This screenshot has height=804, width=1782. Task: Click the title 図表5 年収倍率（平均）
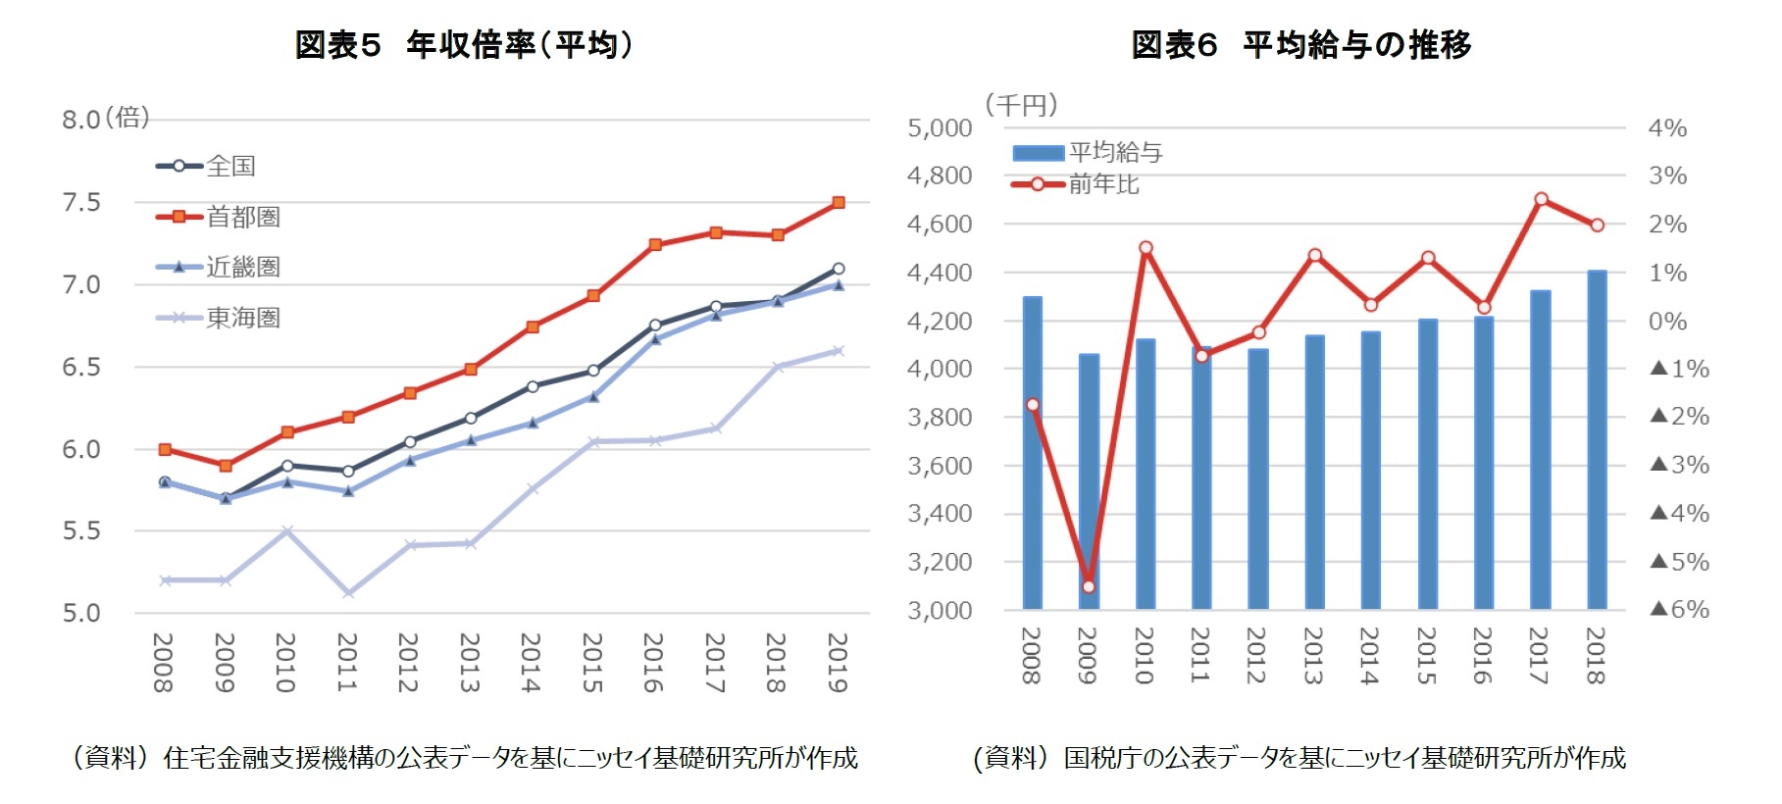click(465, 45)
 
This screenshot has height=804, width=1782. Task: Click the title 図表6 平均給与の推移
click(1300, 45)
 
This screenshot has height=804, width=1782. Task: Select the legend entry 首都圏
click(242, 217)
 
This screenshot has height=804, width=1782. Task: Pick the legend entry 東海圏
click(242, 318)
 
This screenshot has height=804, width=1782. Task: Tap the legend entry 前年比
click(1103, 184)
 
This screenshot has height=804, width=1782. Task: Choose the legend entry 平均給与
click(1115, 152)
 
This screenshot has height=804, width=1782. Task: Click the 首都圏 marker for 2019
click(839, 203)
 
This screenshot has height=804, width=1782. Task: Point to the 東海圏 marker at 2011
click(348, 593)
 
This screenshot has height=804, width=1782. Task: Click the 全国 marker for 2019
click(839, 269)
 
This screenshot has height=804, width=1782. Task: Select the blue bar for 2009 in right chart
click(1089, 480)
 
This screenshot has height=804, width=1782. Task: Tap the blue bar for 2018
click(1597, 441)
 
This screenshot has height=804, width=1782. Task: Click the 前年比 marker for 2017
click(1541, 199)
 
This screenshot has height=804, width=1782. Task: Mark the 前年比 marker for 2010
click(1146, 248)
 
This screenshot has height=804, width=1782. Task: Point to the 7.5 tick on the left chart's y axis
click(81, 203)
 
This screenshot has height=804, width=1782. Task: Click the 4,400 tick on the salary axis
click(940, 273)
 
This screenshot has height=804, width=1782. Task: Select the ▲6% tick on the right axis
click(1680, 610)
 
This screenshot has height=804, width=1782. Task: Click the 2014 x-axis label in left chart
click(531, 663)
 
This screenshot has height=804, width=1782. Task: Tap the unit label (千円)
click(1021, 105)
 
